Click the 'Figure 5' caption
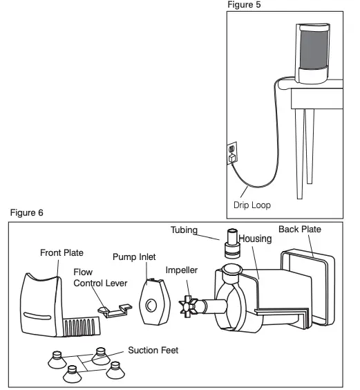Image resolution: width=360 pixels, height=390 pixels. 245,5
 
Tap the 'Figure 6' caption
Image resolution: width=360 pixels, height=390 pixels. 26,212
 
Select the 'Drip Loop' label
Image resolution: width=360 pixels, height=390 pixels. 252,205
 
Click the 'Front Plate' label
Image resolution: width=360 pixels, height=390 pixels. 61,253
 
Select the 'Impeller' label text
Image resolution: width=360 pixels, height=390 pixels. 182,270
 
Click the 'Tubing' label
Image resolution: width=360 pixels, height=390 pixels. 184,230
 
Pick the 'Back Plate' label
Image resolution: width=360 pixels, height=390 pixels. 299,229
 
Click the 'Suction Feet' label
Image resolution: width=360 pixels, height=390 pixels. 153,351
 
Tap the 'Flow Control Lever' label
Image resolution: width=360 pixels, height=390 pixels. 97,277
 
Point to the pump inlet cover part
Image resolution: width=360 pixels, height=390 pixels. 153,302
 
